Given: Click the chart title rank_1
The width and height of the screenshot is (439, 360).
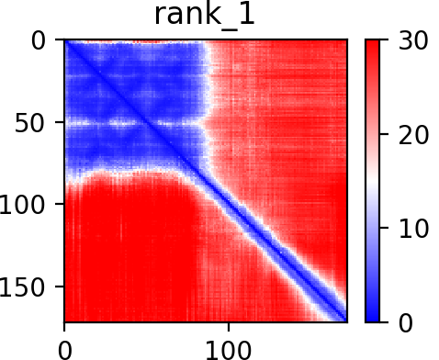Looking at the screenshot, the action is (205, 16).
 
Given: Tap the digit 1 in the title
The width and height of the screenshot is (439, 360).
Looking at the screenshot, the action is (247, 14).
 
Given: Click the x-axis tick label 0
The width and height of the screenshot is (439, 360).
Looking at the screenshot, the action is (64, 350).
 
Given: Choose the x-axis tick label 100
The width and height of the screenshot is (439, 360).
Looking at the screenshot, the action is (229, 350).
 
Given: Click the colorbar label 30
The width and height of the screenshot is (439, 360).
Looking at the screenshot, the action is (413, 40).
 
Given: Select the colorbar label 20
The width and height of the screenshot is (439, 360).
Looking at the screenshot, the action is (413, 135).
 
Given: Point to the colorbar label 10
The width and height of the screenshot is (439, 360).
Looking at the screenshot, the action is (413, 229).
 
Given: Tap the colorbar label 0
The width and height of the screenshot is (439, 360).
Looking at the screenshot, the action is (406, 322).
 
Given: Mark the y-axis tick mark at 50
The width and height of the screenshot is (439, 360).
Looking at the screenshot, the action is (60, 122).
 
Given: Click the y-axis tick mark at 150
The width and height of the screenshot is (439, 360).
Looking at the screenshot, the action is (60, 286).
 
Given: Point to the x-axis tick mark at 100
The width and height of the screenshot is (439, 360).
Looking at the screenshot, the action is (229, 327).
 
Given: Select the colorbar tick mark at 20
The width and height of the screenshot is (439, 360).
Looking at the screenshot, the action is (384, 134).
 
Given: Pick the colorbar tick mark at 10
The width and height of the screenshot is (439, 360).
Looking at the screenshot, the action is (384, 228).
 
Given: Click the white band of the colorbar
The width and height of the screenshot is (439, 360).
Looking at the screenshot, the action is (372, 181).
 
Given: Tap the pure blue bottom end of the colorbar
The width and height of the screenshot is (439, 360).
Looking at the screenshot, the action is (372, 318).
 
